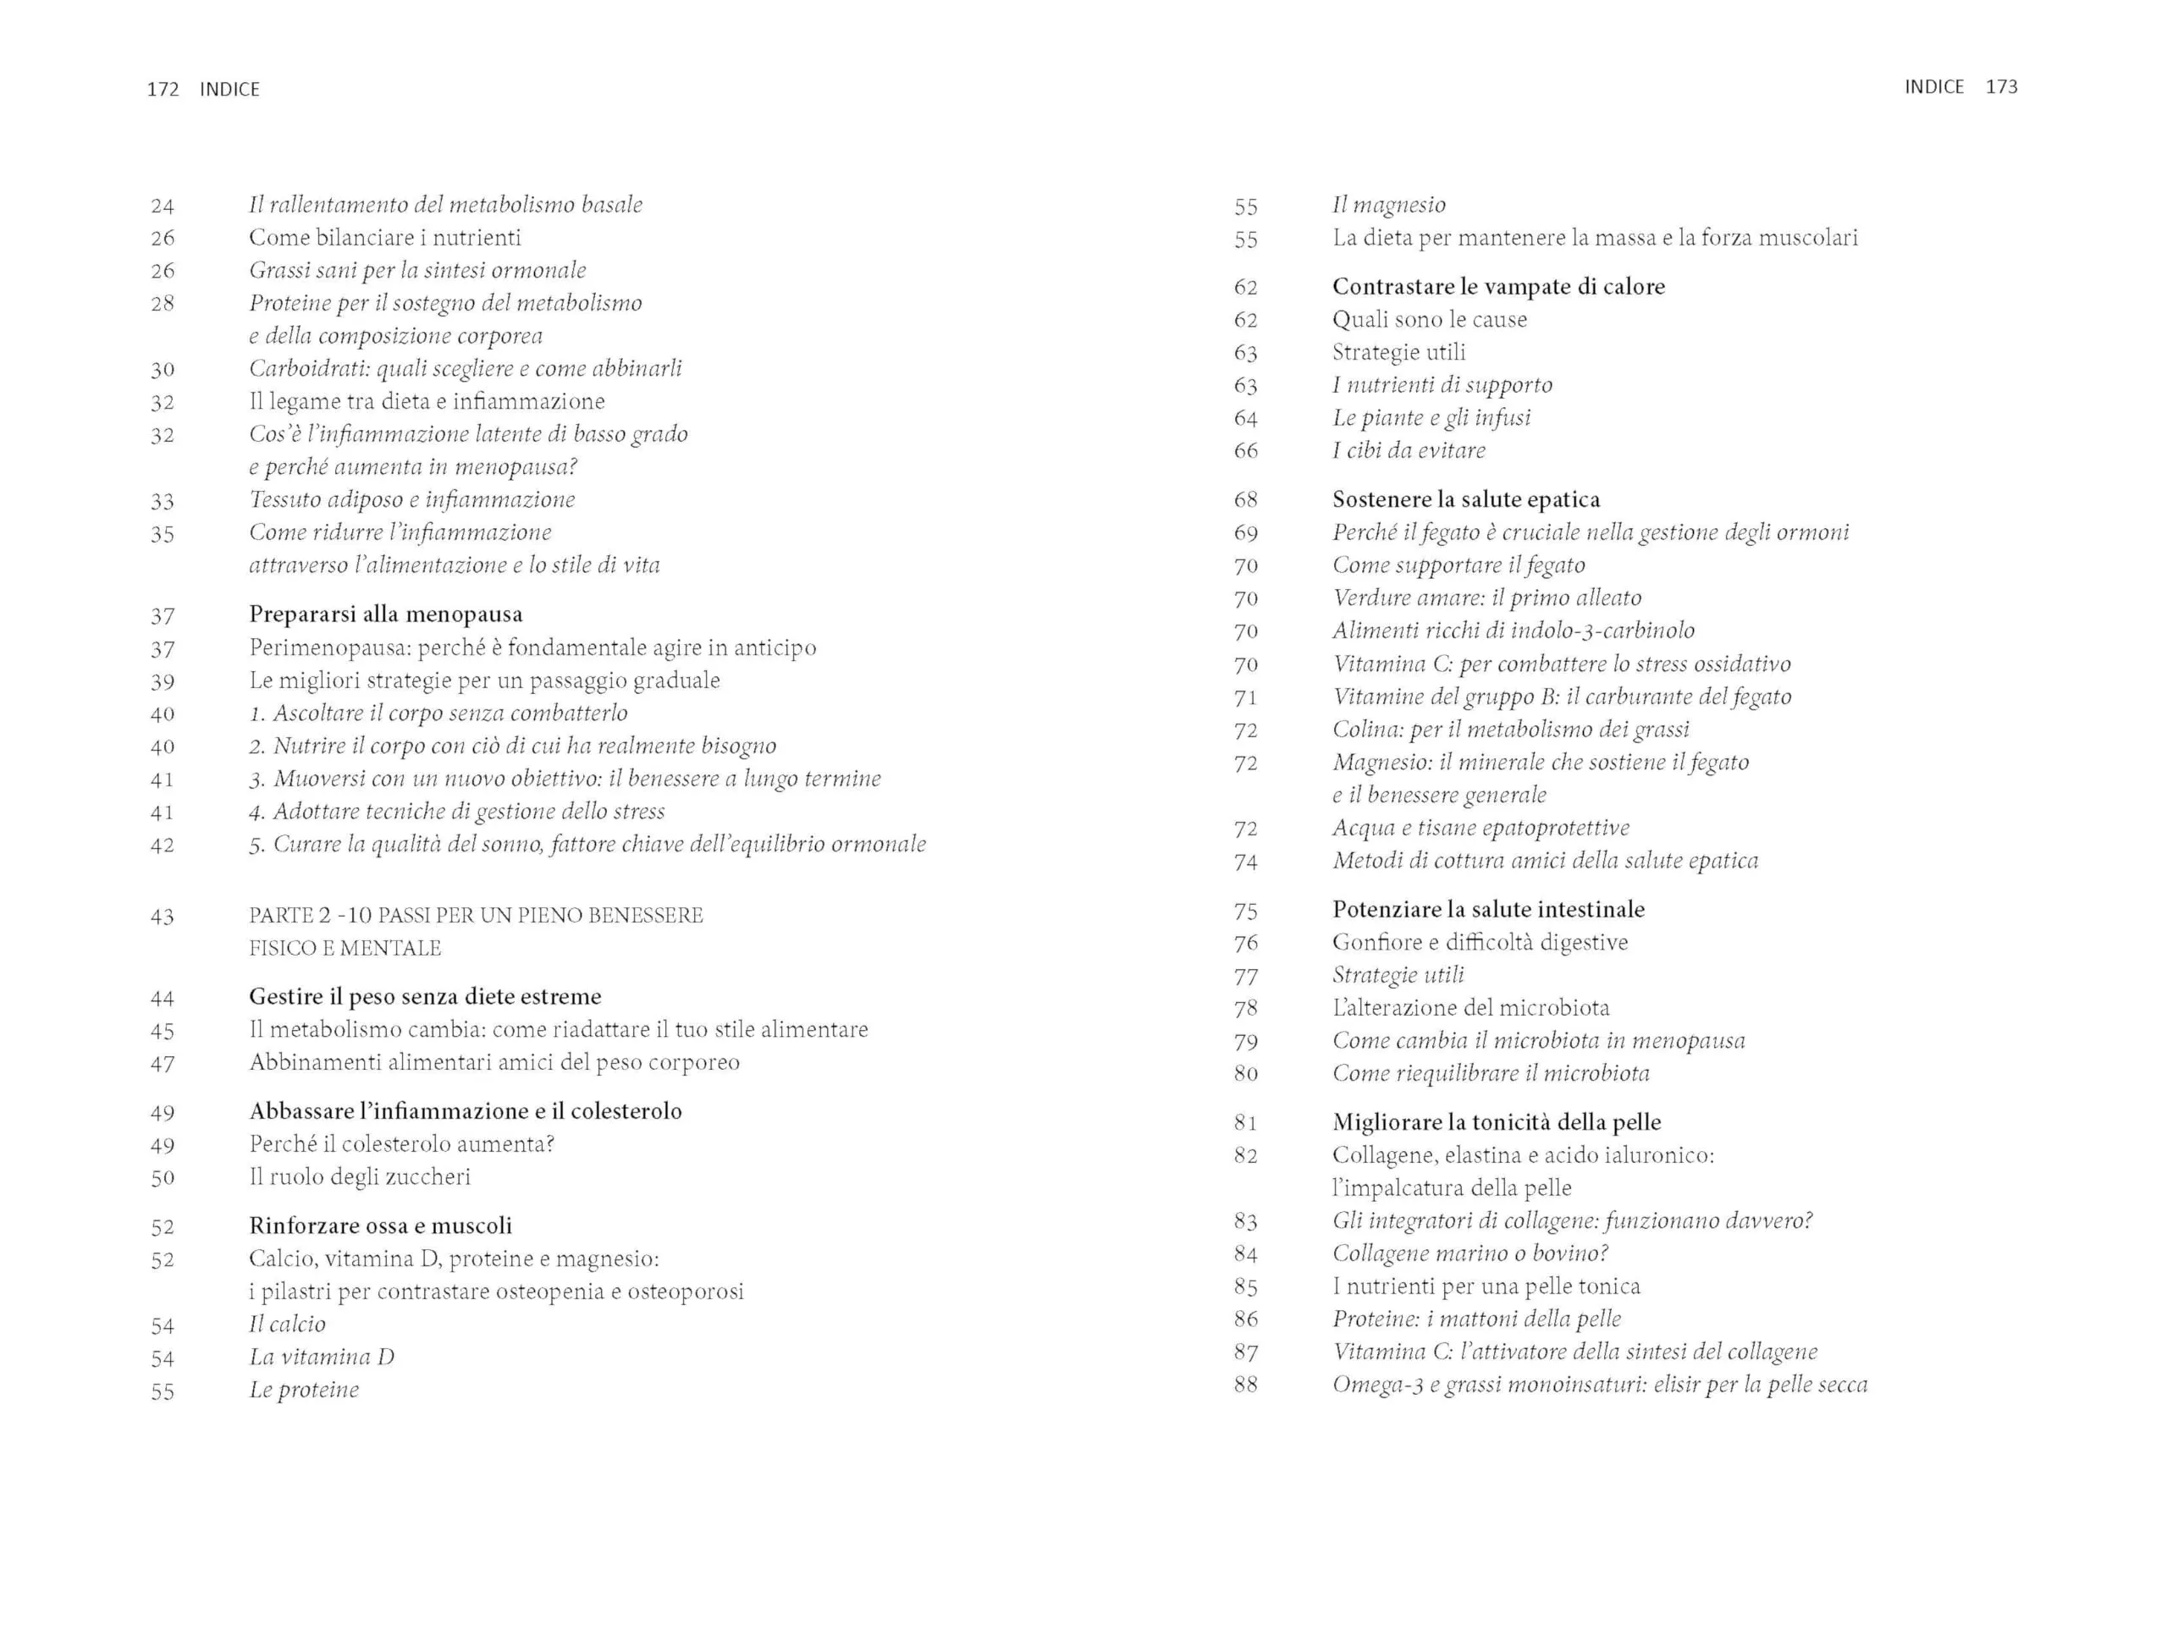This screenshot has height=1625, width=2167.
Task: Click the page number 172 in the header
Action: coord(163,89)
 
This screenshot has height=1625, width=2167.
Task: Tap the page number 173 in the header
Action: coord(2000,87)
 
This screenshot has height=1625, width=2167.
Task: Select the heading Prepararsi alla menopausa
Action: coord(385,614)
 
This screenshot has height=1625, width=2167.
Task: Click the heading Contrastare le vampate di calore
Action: coord(1498,287)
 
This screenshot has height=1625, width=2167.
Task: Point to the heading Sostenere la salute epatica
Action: coord(1465,499)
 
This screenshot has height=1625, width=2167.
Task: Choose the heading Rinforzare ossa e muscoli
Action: coord(380,1226)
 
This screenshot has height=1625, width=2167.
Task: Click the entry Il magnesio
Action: coord(1388,205)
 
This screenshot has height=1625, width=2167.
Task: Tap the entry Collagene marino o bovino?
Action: coord(1469,1253)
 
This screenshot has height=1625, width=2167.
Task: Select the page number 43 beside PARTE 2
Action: coord(163,917)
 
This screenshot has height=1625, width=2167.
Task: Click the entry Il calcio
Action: coord(287,1325)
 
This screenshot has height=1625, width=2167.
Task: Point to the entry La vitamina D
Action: coord(322,1357)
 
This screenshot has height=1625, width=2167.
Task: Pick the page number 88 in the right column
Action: coord(1245,1384)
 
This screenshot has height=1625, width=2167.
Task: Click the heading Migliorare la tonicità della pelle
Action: coord(1496,1122)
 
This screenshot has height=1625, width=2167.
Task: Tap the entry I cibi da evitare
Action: coord(1408,450)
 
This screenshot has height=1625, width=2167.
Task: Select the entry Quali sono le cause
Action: coord(1430,319)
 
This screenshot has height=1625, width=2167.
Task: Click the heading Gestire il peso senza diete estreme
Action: coord(424,997)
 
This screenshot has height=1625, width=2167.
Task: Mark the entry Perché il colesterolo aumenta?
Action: coord(402,1144)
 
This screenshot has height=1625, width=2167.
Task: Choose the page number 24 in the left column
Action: coord(163,207)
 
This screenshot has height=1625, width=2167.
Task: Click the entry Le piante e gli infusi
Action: coord(1431,418)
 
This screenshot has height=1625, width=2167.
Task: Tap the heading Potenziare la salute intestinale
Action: coord(1487,910)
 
